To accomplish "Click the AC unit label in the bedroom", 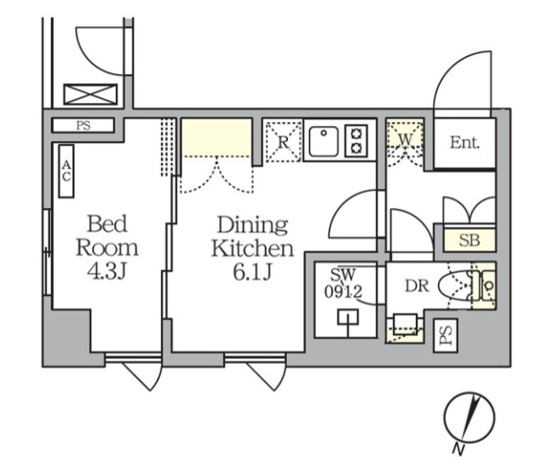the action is pyautogui.click(x=66, y=171).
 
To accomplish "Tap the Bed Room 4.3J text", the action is pyautogui.click(x=107, y=247).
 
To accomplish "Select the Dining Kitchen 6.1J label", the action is pyautogui.click(x=252, y=248).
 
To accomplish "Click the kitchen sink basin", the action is pyautogui.click(x=324, y=142).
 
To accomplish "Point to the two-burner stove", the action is pyautogui.click(x=356, y=141).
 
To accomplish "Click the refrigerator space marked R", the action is pyautogui.click(x=283, y=142).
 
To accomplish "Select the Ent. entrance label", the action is pyautogui.click(x=464, y=143).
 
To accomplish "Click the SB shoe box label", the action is pyautogui.click(x=469, y=240).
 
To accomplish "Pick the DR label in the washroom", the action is pyautogui.click(x=417, y=286).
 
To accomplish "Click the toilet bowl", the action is pyautogui.click(x=455, y=286).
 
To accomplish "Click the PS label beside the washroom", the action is pyautogui.click(x=446, y=335).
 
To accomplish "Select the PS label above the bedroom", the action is pyautogui.click(x=84, y=125).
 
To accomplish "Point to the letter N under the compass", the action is pyautogui.click(x=458, y=448).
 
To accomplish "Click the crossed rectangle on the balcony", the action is pyautogui.click(x=90, y=95).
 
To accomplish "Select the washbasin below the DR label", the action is pyautogui.click(x=406, y=323).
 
